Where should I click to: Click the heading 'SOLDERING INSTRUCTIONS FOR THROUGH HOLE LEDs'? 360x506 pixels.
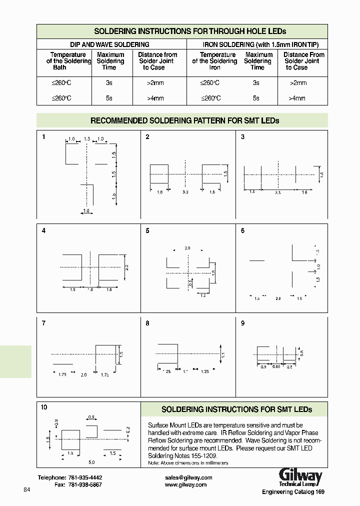(190, 31)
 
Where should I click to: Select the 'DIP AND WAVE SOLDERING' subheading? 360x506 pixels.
(109, 44)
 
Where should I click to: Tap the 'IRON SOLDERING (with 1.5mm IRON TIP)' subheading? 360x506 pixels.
(257, 44)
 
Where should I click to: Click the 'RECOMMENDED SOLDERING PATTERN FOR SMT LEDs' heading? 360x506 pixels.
(184, 120)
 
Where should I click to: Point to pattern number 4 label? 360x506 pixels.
(44, 231)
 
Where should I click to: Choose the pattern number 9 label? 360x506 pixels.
(243, 323)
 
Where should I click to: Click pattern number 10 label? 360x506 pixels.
(44, 407)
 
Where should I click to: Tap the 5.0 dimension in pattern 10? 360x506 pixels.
(92, 461)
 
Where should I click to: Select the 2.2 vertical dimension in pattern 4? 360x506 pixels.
(126, 267)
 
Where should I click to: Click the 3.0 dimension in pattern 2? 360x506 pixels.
(185, 192)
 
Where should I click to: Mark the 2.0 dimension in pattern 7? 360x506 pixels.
(83, 374)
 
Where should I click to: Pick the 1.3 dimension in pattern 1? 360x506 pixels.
(87, 138)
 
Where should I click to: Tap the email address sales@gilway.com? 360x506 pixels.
(188, 477)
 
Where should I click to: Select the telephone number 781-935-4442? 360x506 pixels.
(85, 477)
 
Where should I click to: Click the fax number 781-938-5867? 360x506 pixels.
(85, 485)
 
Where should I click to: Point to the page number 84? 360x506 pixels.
(27, 489)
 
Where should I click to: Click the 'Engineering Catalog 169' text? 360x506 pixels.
(293, 492)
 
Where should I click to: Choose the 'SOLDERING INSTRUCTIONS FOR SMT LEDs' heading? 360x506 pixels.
(236, 409)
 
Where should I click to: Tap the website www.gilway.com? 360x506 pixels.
(185, 485)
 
